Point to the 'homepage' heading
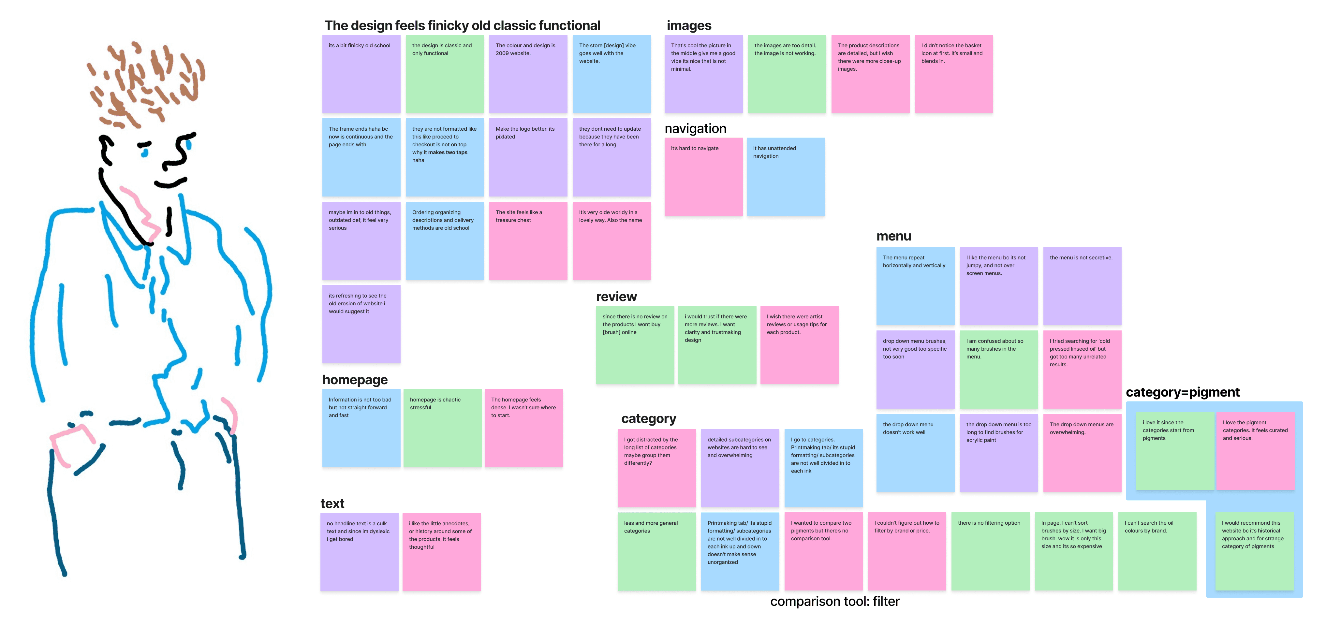tap(355, 380)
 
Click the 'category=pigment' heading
tap(1182, 392)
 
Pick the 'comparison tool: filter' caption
tap(834, 601)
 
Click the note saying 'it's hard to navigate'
tap(703, 177)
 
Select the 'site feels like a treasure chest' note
tap(528, 241)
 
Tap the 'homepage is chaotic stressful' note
tap(442, 428)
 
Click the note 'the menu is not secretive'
tap(1082, 286)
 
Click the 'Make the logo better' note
tap(528, 157)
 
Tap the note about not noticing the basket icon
tap(953, 74)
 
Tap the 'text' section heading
tap(332, 503)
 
